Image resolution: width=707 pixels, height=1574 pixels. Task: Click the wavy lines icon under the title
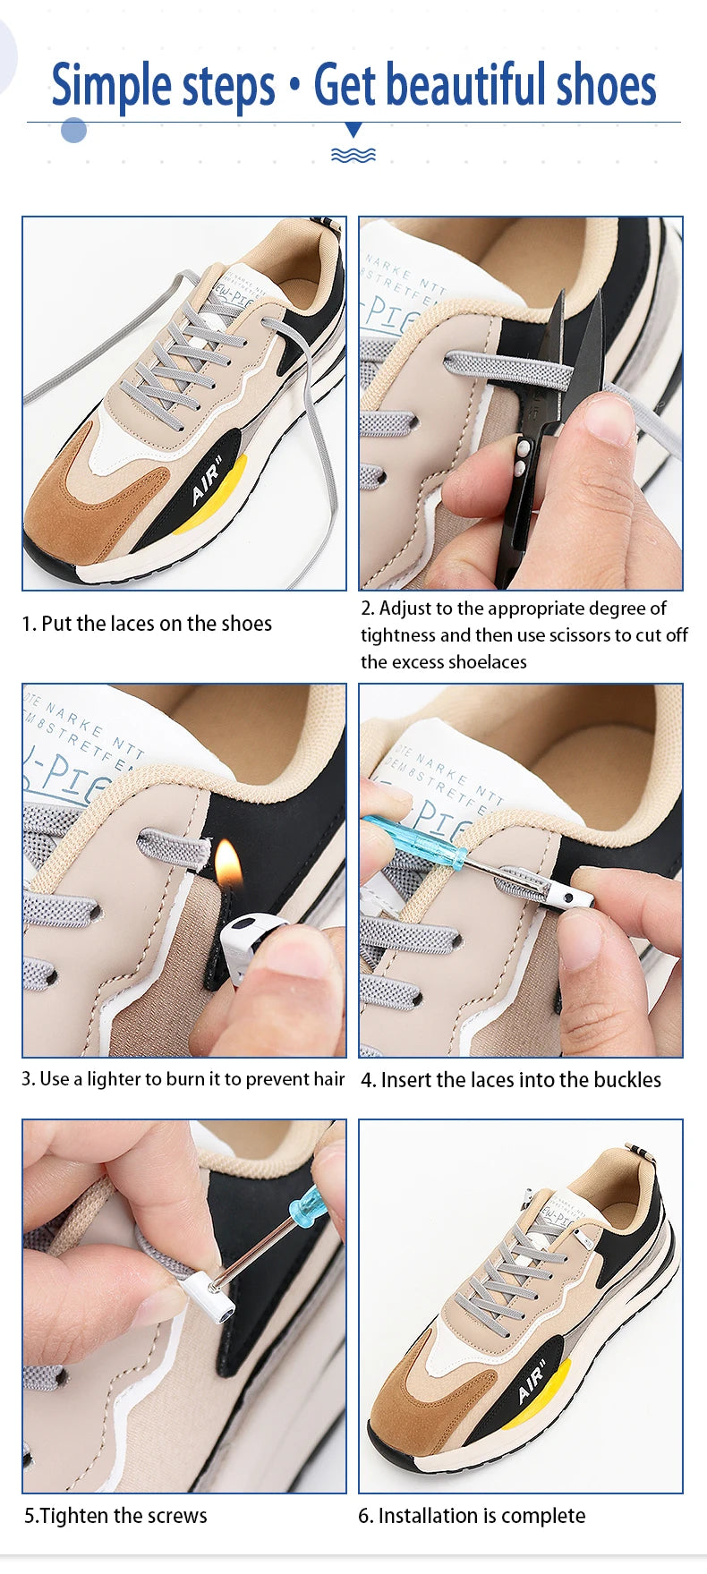pos(353,156)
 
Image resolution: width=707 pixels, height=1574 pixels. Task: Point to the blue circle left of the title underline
pos(73,130)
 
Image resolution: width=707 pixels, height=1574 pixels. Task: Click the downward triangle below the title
pos(353,130)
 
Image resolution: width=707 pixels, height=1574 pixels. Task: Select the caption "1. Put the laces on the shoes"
pos(147,624)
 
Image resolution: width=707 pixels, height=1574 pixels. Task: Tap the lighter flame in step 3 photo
pos(228,862)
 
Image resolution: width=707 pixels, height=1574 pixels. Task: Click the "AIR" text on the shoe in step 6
pos(532,1383)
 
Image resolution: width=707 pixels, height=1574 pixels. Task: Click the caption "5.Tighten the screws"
pos(115,1516)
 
